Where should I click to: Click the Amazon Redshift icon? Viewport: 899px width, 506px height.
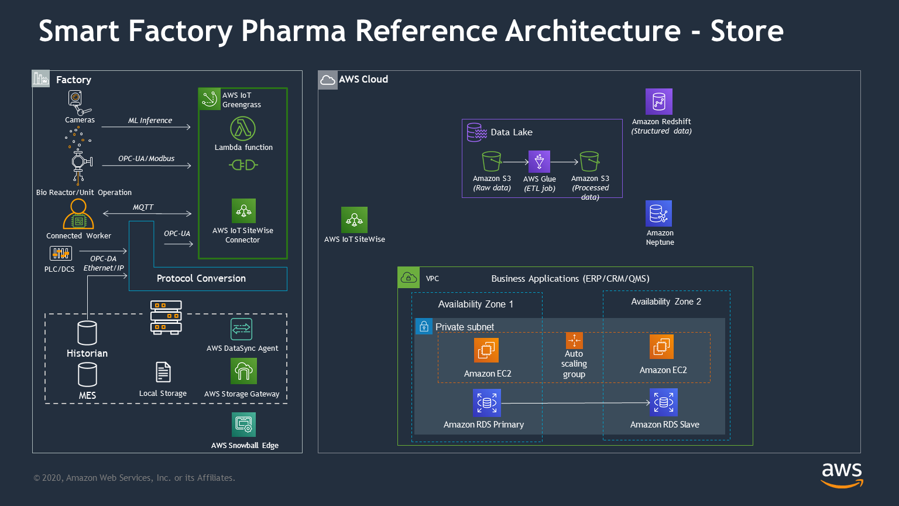pyautogui.click(x=658, y=101)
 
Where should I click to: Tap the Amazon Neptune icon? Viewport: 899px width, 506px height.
pyautogui.click(x=658, y=213)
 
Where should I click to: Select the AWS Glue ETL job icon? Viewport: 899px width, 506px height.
pyautogui.click(x=539, y=162)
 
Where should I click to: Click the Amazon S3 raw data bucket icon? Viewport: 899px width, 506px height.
pyautogui.click(x=491, y=161)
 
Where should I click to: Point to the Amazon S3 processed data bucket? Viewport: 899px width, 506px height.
pyautogui.click(x=589, y=161)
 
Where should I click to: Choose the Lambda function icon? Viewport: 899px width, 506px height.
pyautogui.click(x=243, y=129)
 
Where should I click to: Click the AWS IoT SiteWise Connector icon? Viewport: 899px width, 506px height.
pyautogui.click(x=243, y=211)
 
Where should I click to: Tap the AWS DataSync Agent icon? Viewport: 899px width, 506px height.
pyautogui.click(x=242, y=329)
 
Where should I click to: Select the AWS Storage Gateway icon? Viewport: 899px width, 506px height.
pyautogui.click(x=243, y=371)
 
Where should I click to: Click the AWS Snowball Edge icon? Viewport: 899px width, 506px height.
pyautogui.click(x=243, y=425)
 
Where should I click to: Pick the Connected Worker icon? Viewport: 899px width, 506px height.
pyautogui.click(x=78, y=214)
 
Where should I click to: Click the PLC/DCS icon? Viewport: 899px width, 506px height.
pyautogui.click(x=61, y=254)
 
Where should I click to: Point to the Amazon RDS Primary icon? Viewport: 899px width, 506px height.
pyautogui.click(x=486, y=402)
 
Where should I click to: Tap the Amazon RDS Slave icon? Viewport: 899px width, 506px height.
pyautogui.click(x=663, y=402)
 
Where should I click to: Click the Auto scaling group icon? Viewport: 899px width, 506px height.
pyautogui.click(x=574, y=340)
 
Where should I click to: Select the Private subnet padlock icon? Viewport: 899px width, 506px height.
pyautogui.click(x=424, y=326)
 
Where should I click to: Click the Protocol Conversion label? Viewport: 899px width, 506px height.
pyautogui.click(x=201, y=279)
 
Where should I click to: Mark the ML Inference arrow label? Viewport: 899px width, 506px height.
pyautogui.click(x=150, y=121)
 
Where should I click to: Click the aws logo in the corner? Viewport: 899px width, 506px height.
pyautogui.click(x=842, y=475)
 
